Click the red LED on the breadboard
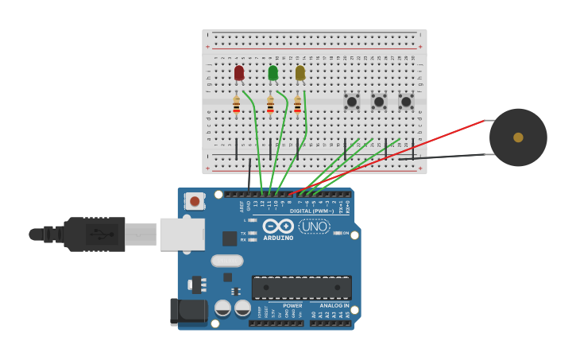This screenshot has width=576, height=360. click(239, 73)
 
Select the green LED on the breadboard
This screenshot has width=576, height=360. click(273, 73)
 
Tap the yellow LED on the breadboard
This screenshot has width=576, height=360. click(300, 73)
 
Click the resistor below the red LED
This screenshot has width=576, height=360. click(236, 104)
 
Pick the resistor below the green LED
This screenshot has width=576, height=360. click(270, 104)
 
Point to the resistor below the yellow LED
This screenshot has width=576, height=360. click(297, 104)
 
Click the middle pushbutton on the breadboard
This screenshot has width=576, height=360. click(379, 102)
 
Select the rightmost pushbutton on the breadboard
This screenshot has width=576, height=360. click(406, 102)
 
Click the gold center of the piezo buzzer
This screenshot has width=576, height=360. click(518, 137)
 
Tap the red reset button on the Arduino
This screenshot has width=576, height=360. click(195, 201)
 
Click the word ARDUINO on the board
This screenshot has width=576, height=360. click(278, 238)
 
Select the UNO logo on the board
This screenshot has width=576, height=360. click(315, 226)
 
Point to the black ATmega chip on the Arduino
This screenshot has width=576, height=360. click(301, 287)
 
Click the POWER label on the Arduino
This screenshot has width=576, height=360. click(292, 305)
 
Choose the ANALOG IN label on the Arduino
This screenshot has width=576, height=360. click(334, 305)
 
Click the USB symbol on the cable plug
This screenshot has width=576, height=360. click(98, 234)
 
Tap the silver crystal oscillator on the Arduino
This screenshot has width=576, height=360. click(226, 261)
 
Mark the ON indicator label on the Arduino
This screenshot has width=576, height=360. click(346, 233)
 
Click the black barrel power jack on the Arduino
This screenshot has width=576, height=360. click(187, 312)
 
